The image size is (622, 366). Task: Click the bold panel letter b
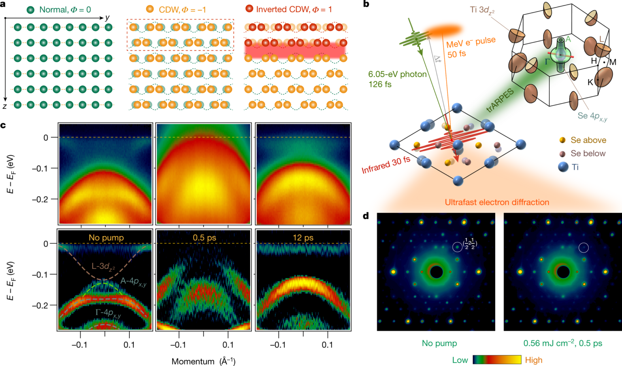(x=366, y=4)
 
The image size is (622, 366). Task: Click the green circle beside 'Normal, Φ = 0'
(x=30, y=9)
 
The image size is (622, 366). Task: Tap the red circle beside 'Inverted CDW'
(x=249, y=9)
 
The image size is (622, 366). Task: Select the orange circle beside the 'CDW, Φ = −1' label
(x=150, y=9)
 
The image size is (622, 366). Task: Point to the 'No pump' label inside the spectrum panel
(x=106, y=237)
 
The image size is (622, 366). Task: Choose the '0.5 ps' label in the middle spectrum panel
(x=204, y=237)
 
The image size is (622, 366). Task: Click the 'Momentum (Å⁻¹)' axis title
(x=203, y=361)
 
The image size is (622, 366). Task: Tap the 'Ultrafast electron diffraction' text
(x=497, y=202)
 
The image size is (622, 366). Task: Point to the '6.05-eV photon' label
(x=397, y=74)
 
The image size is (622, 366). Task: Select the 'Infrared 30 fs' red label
(x=386, y=165)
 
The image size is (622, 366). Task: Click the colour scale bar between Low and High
(x=497, y=360)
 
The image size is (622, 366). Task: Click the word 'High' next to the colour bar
(x=533, y=360)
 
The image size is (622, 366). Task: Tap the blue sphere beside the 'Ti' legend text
(x=563, y=167)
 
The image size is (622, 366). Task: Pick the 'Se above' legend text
(x=588, y=140)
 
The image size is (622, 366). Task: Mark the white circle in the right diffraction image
(x=584, y=248)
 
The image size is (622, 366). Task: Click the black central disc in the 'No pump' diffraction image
(x=436, y=272)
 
